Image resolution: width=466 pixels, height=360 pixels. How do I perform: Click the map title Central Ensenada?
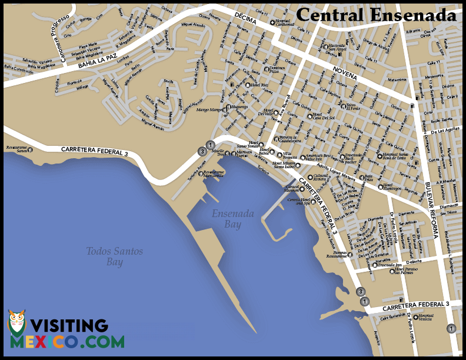coord(376,15)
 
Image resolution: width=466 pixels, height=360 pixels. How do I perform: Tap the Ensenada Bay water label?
coord(234,218)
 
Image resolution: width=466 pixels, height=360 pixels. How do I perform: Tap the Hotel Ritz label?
coord(260,85)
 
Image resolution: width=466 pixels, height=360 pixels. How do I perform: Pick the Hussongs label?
coord(239,107)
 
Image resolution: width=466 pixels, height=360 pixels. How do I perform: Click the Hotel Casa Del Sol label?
coord(323,116)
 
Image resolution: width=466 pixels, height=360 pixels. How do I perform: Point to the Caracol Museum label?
coord(292,189)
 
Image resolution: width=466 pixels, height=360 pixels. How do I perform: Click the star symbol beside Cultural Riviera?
coord(310,176)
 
